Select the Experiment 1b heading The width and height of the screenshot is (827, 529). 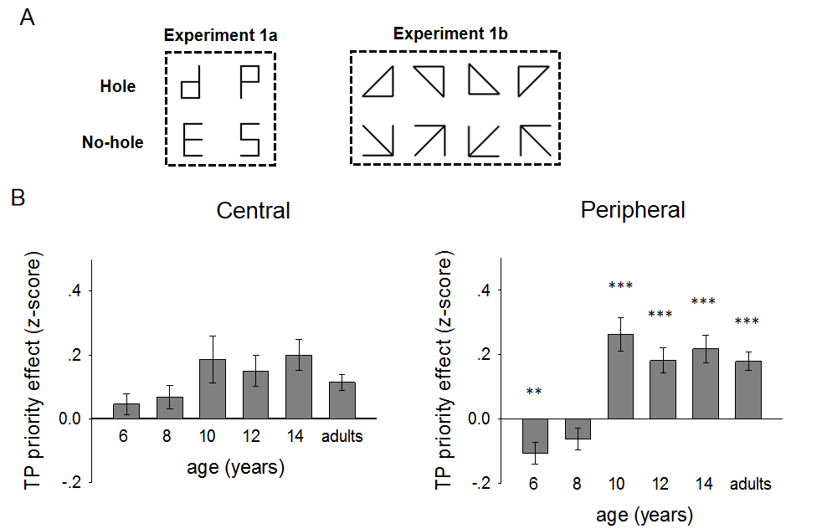pos(449,34)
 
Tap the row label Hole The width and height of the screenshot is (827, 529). pos(118,85)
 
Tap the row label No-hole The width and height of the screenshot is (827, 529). pos(113,142)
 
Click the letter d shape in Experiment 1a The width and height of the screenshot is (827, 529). pos(193,84)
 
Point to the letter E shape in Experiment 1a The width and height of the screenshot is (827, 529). pos(193,139)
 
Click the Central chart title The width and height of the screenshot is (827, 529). pos(253,210)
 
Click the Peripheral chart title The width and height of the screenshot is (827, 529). pos(633,210)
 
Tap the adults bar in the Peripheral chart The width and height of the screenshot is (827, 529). pos(747,389)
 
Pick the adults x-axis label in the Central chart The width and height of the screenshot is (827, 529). pos(343,436)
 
